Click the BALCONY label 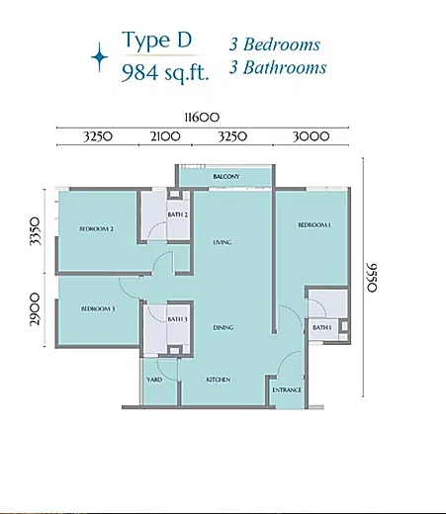click(x=226, y=177)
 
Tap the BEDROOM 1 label click(x=314, y=225)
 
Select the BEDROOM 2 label click(x=97, y=228)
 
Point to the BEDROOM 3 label click(x=98, y=308)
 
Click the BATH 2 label click(x=178, y=214)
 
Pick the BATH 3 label click(x=177, y=319)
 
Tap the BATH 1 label click(x=322, y=327)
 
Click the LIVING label click(x=223, y=242)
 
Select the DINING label click(x=223, y=327)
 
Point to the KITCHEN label click(x=219, y=380)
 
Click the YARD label click(x=154, y=380)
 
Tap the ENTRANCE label click(x=287, y=390)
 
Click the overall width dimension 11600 click(x=202, y=118)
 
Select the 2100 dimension click(x=165, y=136)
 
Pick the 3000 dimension click(x=311, y=136)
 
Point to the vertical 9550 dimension click(x=372, y=278)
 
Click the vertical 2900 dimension click(x=35, y=310)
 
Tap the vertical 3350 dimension click(x=36, y=231)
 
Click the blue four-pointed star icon click(x=100, y=57)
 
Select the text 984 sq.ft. click(x=165, y=72)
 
